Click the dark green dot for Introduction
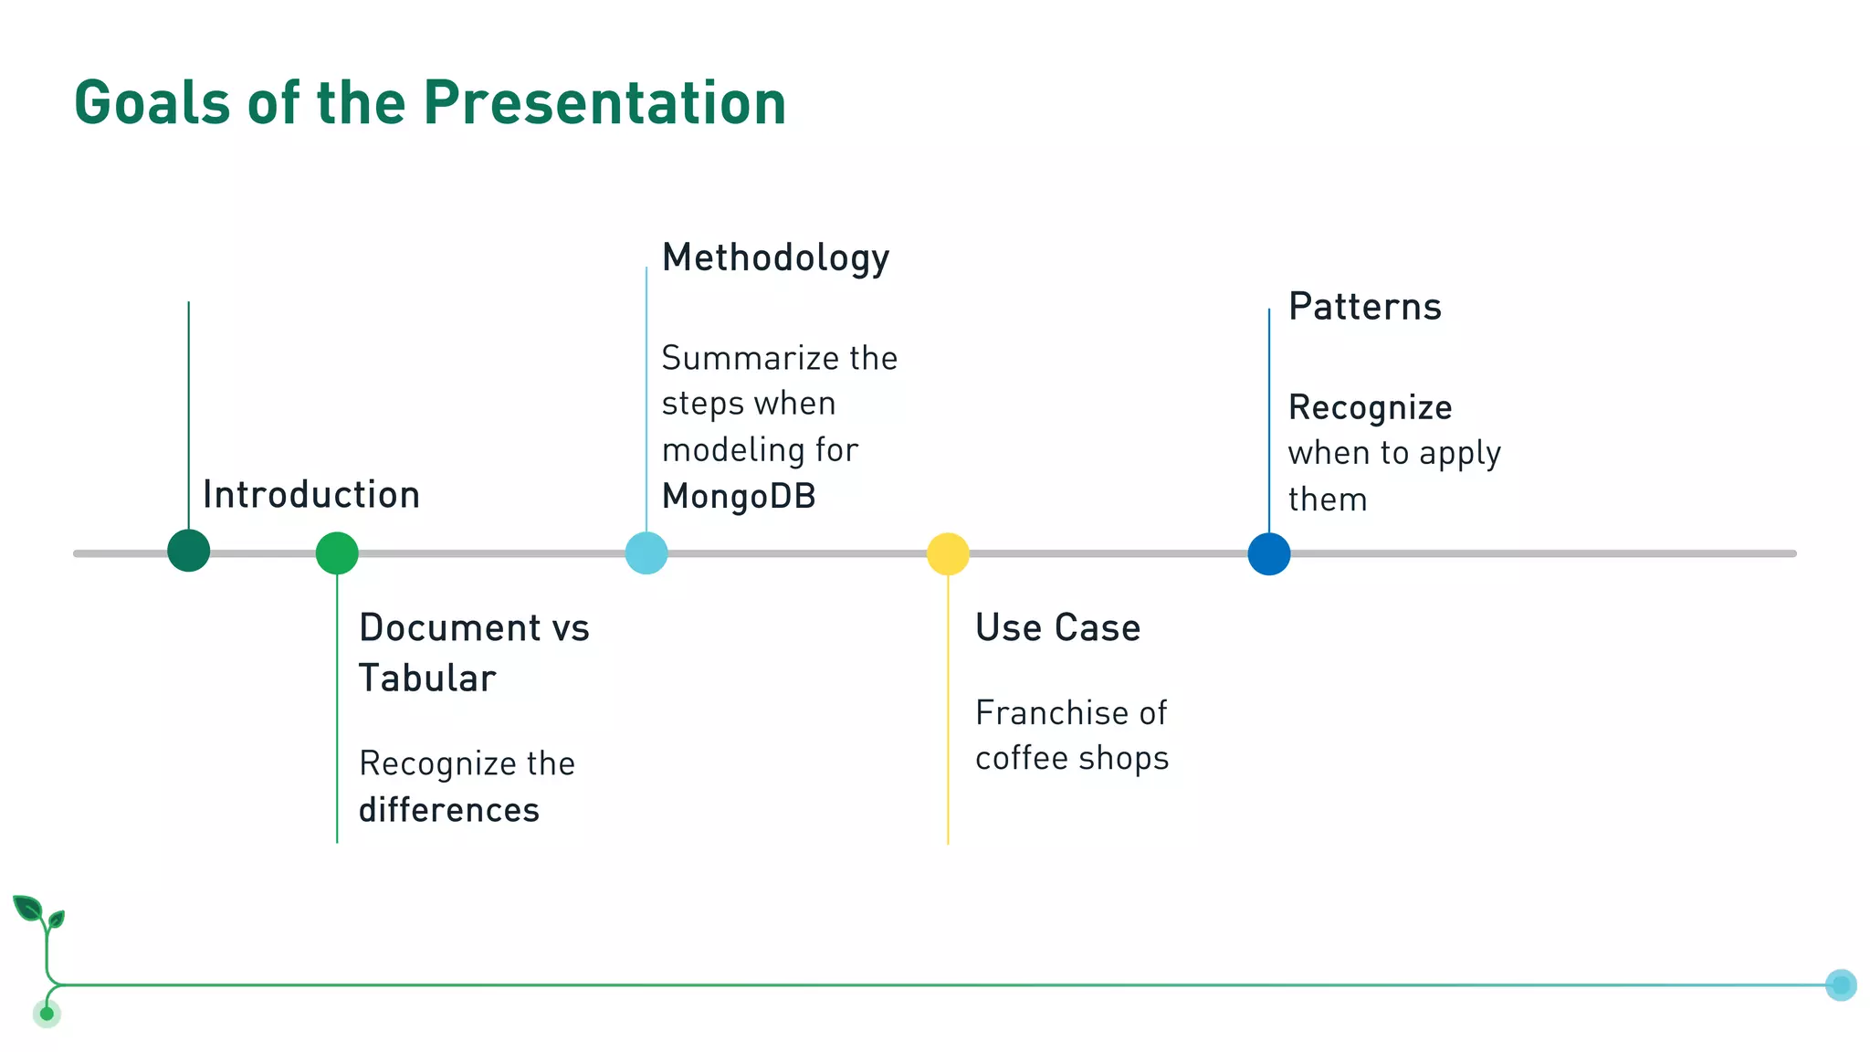pyautogui.click(x=189, y=551)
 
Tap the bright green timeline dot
pyautogui.click(x=337, y=553)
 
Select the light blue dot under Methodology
pyautogui.click(x=646, y=553)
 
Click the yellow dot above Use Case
pyautogui.click(x=948, y=553)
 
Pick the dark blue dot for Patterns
pyautogui.click(x=1269, y=553)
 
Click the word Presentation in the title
pyautogui.click(x=604, y=102)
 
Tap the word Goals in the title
pyautogui.click(x=152, y=102)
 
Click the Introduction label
pyautogui.click(x=311, y=495)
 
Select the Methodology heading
pyautogui.click(x=775, y=258)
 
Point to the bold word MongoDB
pyautogui.click(x=739, y=497)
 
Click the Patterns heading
pyautogui.click(x=1364, y=307)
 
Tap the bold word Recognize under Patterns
pyautogui.click(x=1370, y=408)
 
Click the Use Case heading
pyautogui.click(x=1057, y=628)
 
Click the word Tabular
pyautogui.click(x=427, y=679)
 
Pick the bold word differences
pyautogui.click(x=449, y=810)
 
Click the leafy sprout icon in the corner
pyautogui.click(x=39, y=913)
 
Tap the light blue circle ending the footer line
pyautogui.click(x=1841, y=984)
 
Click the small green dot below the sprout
pyautogui.click(x=47, y=1014)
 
